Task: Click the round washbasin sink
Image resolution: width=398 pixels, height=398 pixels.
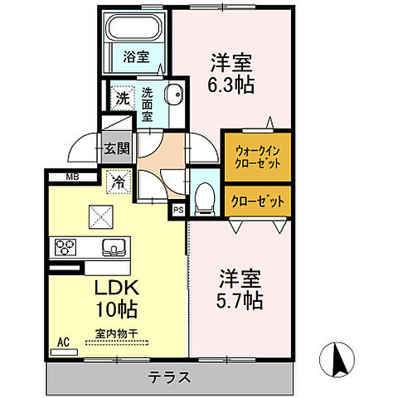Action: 175,95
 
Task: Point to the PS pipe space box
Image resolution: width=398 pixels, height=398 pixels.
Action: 177,211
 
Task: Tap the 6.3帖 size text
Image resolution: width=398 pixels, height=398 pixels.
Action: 231,84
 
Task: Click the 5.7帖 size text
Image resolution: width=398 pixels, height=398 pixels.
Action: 241,301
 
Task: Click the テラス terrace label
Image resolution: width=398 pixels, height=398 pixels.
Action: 170,377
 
